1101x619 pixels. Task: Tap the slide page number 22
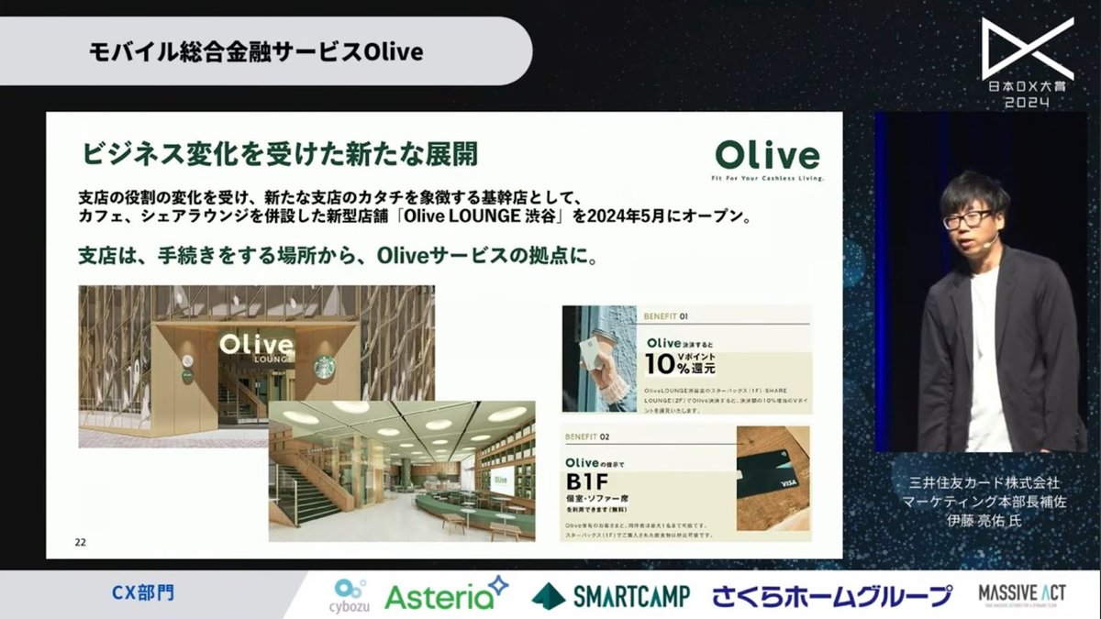pos(81,542)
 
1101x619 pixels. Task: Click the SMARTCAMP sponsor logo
pos(610,595)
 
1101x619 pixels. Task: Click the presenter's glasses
pos(965,220)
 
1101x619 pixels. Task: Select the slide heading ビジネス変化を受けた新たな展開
pos(280,152)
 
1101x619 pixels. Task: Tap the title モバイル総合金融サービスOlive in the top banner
pos(255,51)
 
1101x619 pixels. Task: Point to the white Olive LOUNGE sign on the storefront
pos(257,348)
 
